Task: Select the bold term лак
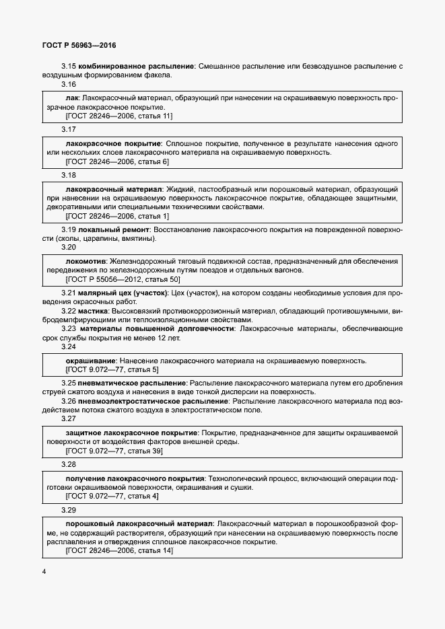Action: pos(72,98)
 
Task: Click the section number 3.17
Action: pos(69,129)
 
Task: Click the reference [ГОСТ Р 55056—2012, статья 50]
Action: pos(123,279)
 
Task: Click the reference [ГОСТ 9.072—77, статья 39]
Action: pos(114,451)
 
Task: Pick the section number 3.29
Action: pos(69,511)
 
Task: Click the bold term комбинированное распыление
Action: pos(137,66)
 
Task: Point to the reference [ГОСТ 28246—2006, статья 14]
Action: pos(119,551)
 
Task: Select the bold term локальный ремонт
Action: pos(113,229)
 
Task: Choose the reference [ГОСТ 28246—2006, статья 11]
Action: pos(118,116)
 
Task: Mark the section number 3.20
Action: pos(69,247)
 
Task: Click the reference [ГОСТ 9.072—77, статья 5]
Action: pos(112,369)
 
